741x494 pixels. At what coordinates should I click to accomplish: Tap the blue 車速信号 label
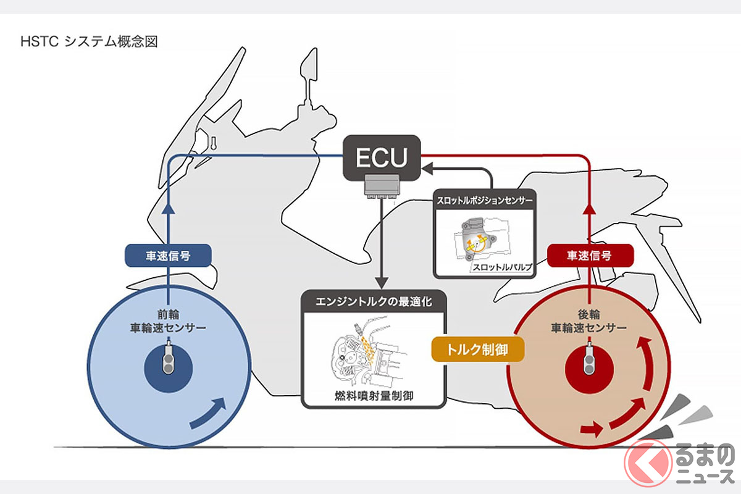(168, 256)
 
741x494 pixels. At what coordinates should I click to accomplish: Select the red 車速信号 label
(590, 255)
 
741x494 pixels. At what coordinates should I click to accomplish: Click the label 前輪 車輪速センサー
(168, 320)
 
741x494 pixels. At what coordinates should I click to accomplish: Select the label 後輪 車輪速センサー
(590, 320)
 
